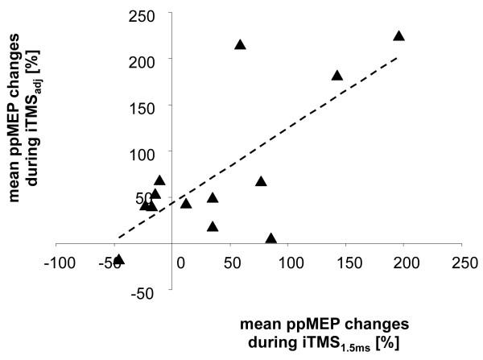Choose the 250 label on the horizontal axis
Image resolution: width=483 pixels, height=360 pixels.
tap(461, 263)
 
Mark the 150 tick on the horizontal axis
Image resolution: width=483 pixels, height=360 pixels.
tap(348, 263)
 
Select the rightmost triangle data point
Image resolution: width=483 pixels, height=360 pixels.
tap(398, 35)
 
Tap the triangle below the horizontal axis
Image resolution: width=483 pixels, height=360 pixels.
tap(119, 259)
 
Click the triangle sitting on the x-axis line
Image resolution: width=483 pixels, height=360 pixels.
tap(271, 238)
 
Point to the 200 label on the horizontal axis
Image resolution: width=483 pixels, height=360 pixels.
tap(405, 263)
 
